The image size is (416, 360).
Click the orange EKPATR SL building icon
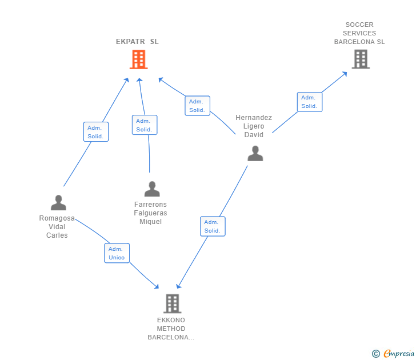(x=138, y=59)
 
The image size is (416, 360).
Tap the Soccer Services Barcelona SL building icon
(x=361, y=59)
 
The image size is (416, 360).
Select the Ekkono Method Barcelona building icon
(x=173, y=303)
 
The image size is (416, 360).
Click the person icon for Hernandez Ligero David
(x=255, y=153)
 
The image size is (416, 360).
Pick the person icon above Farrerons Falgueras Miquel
(x=152, y=189)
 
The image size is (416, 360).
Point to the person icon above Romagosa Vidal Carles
(x=58, y=203)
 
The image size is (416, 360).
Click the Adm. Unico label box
(x=117, y=253)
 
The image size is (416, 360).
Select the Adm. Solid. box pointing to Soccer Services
(x=310, y=102)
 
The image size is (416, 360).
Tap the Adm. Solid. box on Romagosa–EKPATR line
(x=96, y=132)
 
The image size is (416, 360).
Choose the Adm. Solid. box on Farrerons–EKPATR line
(x=145, y=125)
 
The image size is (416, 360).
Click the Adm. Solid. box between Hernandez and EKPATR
(x=197, y=106)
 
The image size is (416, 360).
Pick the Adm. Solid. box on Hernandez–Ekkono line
(x=213, y=226)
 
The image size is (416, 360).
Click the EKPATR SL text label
(x=137, y=42)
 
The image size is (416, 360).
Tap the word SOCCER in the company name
(x=359, y=25)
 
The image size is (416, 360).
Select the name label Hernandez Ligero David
(x=254, y=126)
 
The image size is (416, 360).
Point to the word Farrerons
(x=150, y=204)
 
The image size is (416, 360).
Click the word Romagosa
(x=57, y=218)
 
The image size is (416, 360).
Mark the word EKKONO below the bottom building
(x=171, y=320)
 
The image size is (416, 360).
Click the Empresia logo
(x=393, y=353)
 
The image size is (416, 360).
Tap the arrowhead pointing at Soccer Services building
(x=345, y=74)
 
